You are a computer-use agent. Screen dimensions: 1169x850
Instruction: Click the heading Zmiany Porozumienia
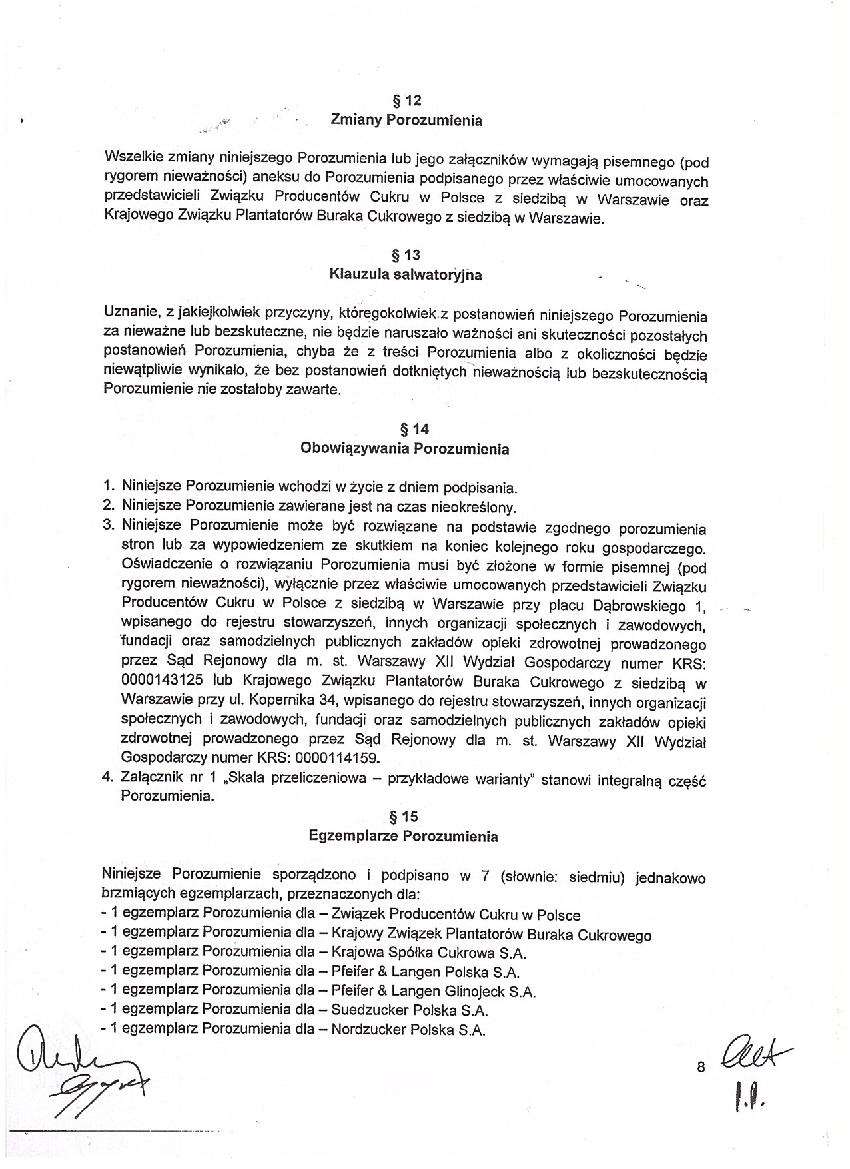click(x=406, y=121)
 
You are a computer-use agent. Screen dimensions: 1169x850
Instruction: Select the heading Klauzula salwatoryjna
click(x=406, y=275)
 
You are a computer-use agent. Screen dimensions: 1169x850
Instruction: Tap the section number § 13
click(x=406, y=255)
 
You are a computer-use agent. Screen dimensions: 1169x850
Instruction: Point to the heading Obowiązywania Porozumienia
click(x=405, y=449)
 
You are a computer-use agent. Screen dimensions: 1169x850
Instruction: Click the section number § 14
click(x=406, y=430)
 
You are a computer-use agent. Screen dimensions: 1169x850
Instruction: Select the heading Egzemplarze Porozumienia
click(x=404, y=836)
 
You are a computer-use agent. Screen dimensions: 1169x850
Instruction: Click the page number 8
click(x=701, y=1068)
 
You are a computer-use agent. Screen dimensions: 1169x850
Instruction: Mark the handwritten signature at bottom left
click(x=73, y=1080)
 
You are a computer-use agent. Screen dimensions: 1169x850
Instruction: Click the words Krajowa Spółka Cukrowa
click(x=413, y=954)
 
